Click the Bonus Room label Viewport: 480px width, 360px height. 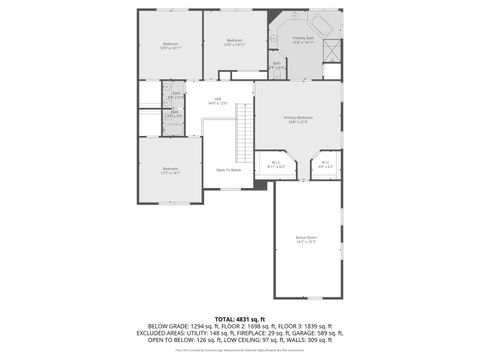306,239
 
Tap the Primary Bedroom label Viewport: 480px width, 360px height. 299,119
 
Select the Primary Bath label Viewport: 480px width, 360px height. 304,41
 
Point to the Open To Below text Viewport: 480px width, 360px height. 228,169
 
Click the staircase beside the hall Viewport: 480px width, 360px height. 244,126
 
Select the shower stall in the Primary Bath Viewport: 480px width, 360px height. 332,51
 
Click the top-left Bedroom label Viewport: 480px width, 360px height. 170,45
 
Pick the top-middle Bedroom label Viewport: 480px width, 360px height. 234,42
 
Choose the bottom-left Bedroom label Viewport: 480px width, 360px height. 170,171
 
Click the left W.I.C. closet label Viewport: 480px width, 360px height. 277,164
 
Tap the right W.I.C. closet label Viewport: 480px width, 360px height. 325,164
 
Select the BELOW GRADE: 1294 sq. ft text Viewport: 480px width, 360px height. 179,325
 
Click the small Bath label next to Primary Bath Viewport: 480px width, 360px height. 277,64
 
